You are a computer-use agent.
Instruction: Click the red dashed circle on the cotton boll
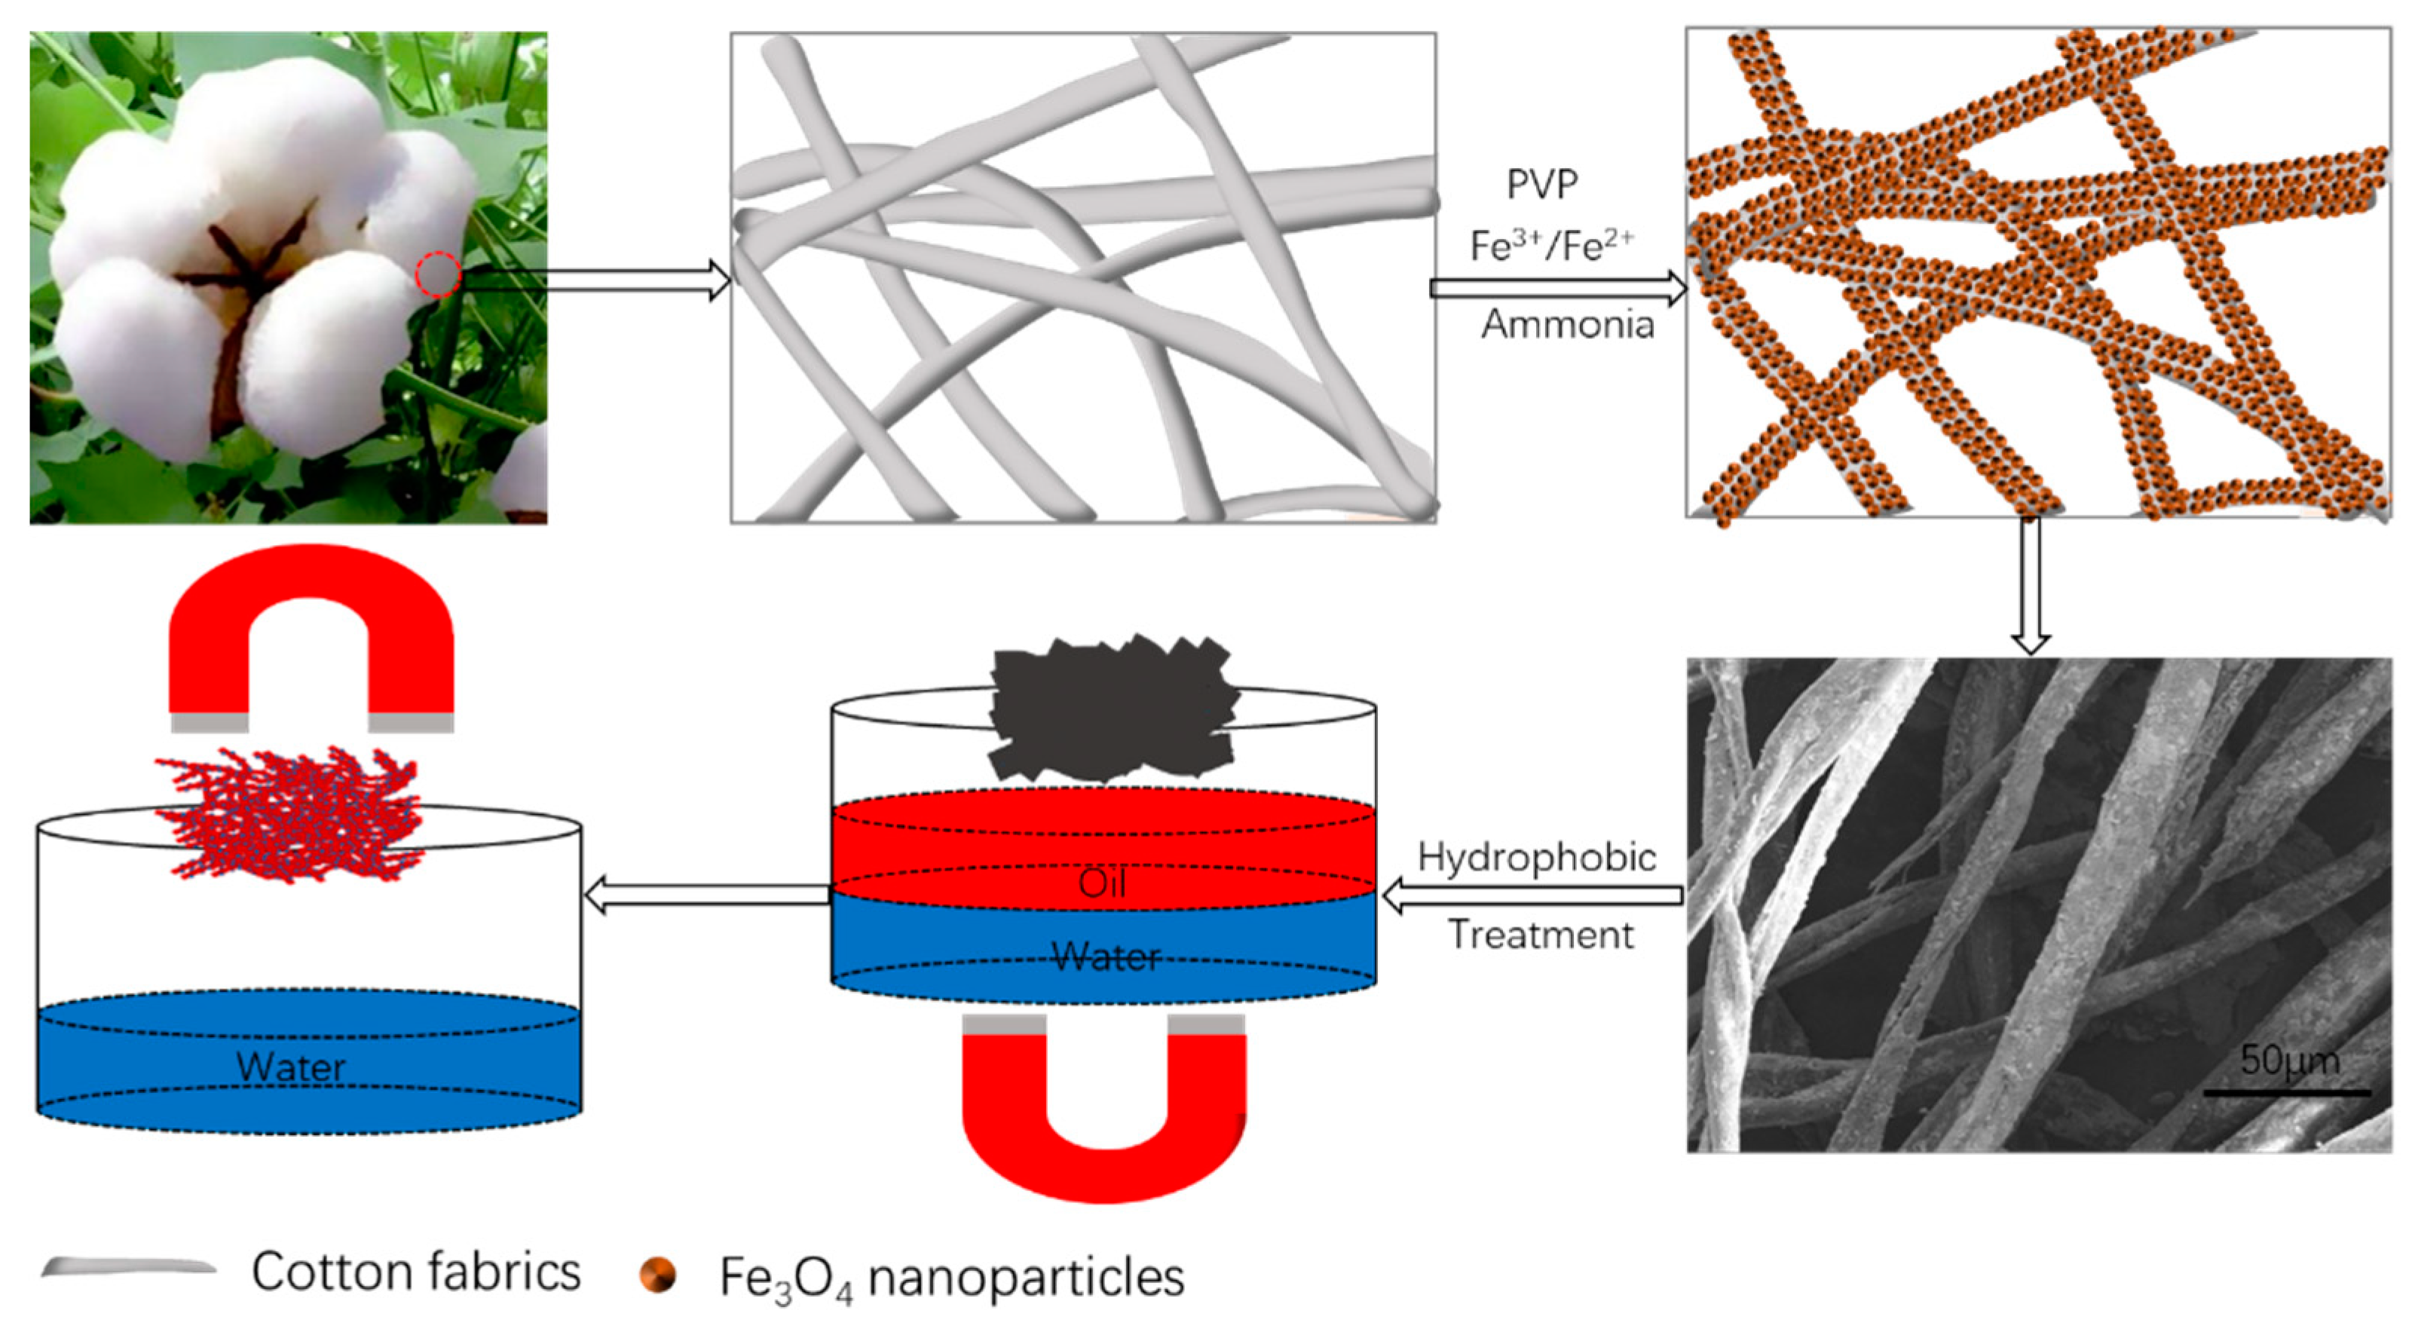pyautogui.click(x=438, y=276)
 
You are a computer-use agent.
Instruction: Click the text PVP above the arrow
pyautogui.click(x=1541, y=185)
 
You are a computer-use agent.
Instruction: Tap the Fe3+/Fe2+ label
pyautogui.click(x=1551, y=246)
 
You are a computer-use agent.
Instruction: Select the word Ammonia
pyautogui.click(x=1568, y=324)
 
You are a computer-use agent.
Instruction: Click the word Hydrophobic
pyautogui.click(x=1537, y=857)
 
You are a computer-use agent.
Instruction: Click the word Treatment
pyautogui.click(x=1541, y=935)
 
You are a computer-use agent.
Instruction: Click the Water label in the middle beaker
pyautogui.click(x=1106, y=957)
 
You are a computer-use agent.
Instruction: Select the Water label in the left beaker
pyautogui.click(x=291, y=1066)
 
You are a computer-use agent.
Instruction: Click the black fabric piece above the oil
pyautogui.click(x=1111, y=708)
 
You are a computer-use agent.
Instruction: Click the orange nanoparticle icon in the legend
pyautogui.click(x=657, y=1275)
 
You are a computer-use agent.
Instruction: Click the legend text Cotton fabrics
pyautogui.click(x=416, y=1272)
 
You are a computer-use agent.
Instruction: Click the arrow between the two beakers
pyautogui.click(x=708, y=895)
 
